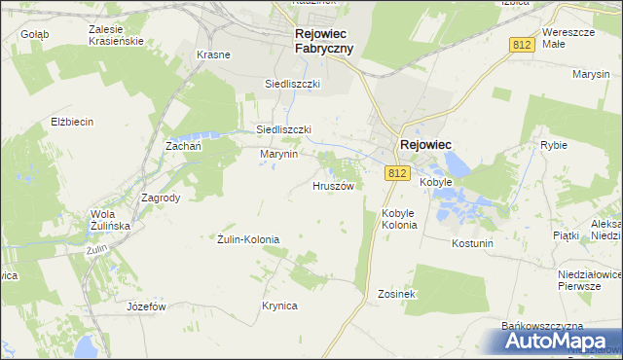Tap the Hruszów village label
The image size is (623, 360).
tap(339, 185)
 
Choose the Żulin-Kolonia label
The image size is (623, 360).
tap(248, 238)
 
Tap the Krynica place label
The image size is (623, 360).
tap(278, 306)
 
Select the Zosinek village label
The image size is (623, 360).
tap(397, 294)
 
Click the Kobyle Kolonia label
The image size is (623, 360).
tap(399, 219)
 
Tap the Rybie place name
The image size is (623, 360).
tap(553, 145)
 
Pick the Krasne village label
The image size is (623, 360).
tap(213, 54)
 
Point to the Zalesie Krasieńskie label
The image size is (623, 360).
tap(116, 36)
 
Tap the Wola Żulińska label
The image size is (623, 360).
tap(110, 220)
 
